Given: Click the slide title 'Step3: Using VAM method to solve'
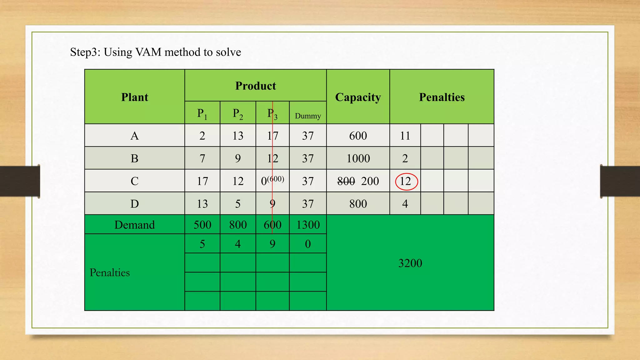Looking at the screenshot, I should [155, 52].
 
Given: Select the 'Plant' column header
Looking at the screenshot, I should [135, 97].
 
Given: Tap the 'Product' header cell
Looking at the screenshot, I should [255, 86].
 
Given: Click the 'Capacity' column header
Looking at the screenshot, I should [358, 97].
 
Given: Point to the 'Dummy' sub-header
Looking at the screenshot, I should [308, 116].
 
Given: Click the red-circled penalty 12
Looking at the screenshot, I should [406, 181].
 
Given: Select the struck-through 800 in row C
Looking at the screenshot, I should [346, 181].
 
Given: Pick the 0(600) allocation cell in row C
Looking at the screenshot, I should [272, 181].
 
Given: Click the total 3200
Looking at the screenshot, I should [410, 263].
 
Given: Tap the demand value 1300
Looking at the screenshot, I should [308, 225].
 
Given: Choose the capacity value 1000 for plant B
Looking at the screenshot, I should [358, 158].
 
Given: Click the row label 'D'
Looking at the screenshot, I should [135, 204].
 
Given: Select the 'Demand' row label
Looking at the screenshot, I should [135, 225].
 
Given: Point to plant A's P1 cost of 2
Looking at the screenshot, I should [202, 136].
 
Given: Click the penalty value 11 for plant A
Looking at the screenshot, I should [405, 136].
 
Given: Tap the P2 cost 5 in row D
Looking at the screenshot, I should [238, 204].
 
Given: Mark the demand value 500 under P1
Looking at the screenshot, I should [202, 225].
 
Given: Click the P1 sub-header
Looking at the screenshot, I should [202, 113].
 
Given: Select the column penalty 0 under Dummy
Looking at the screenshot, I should [308, 244].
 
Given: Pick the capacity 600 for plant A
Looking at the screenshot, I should [358, 136].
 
